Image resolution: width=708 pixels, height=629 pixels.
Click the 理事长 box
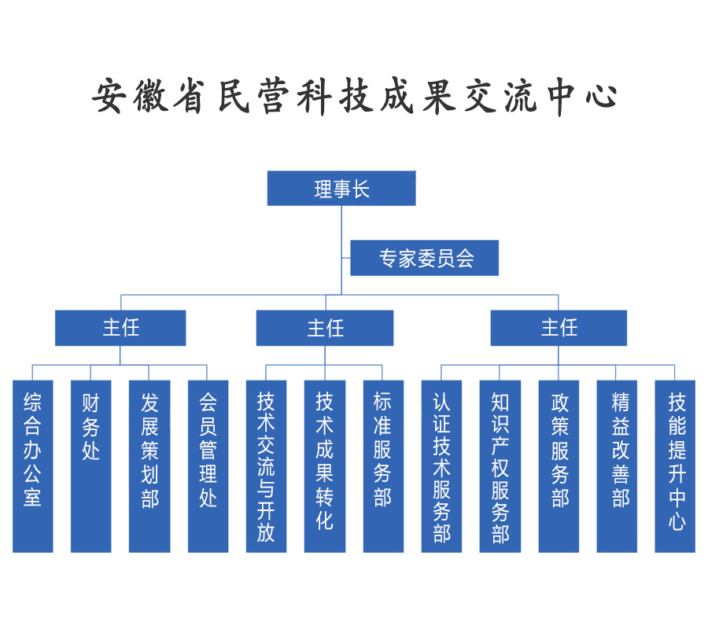tap(341, 189)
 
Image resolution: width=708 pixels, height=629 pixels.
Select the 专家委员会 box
tap(424, 258)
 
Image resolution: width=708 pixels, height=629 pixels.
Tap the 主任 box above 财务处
tap(120, 328)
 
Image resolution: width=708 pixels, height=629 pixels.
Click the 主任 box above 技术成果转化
tap(325, 328)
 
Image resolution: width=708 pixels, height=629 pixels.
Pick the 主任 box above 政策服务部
tap(559, 328)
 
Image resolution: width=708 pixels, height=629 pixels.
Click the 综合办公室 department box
tap(33, 465)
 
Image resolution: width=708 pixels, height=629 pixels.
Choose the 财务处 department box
tap(91, 465)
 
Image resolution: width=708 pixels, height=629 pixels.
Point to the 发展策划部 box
tap(149, 465)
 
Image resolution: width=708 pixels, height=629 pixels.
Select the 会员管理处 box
tap(208, 465)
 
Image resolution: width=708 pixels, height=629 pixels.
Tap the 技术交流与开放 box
tap(266, 465)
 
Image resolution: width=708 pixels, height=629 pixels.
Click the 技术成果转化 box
tap(325, 465)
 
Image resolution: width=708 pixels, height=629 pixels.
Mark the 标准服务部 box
tap(383, 465)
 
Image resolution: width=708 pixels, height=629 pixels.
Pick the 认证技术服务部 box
tap(441, 465)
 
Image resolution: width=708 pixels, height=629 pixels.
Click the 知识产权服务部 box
tap(500, 465)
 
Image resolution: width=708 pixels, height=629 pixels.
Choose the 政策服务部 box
tap(559, 465)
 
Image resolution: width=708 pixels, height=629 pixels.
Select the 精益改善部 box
tap(618, 465)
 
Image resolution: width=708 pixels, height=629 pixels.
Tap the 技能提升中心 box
tap(676, 465)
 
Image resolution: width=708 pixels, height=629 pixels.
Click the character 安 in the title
tap(109, 97)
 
